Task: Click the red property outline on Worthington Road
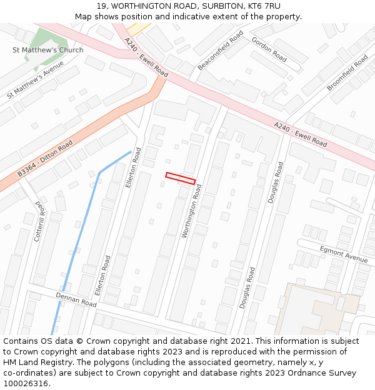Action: [181, 178]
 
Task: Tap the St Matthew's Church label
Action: [48, 50]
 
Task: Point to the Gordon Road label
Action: [269, 49]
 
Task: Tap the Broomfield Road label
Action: [347, 72]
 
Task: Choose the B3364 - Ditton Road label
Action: [45, 158]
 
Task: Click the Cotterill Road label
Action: [39, 221]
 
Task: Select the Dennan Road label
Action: [76, 300]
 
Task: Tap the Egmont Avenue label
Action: [344, 253]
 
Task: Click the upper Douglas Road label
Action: [275, 182]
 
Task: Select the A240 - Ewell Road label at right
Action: [301, 134]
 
